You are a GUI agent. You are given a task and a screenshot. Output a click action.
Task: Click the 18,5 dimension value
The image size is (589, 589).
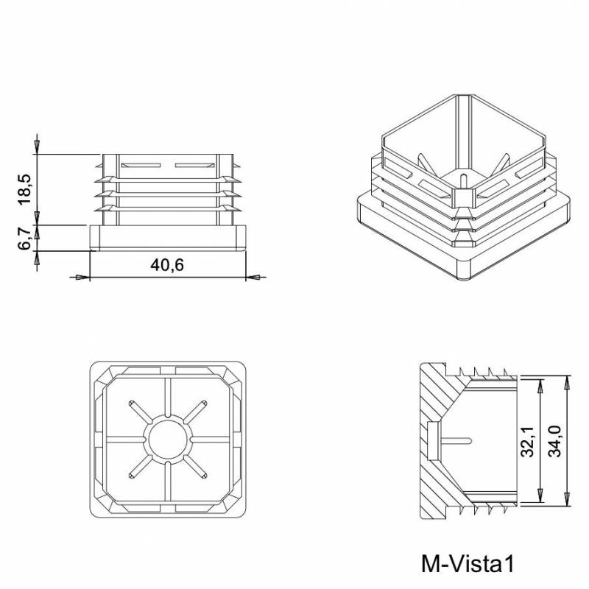24,189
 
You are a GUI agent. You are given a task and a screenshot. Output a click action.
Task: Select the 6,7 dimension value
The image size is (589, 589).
24,238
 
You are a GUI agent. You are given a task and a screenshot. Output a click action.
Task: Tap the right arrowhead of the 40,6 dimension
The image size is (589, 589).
254,277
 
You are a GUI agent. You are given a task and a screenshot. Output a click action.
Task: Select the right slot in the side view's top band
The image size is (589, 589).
193,163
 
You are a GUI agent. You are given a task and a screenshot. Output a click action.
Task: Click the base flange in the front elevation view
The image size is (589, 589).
167,238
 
